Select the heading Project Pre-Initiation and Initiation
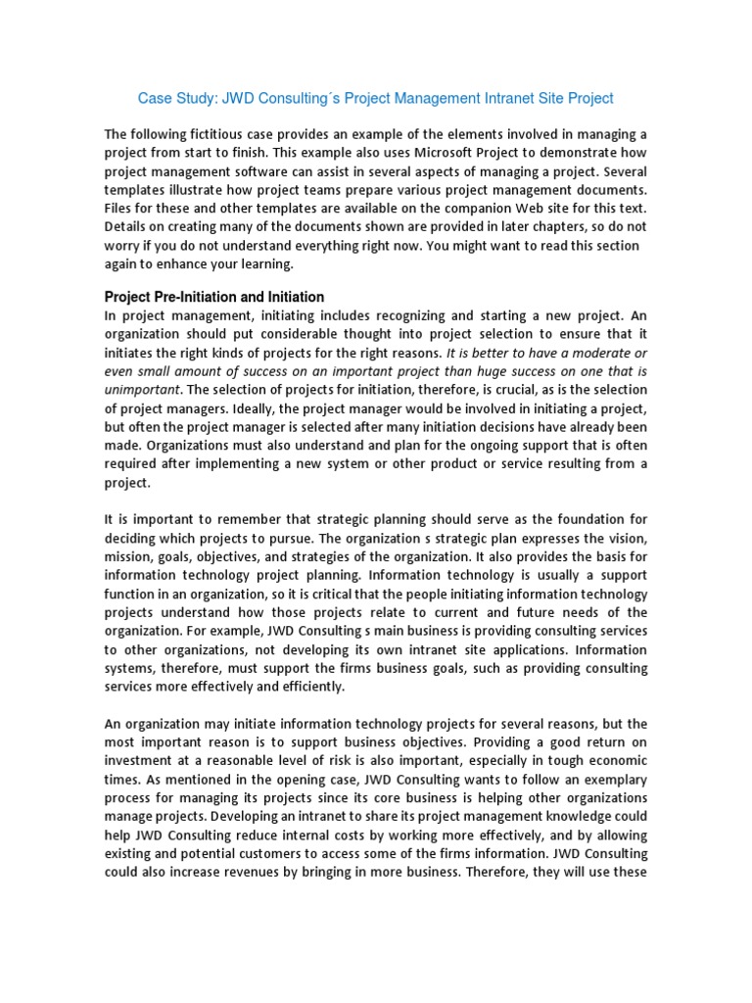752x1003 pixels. pyautogui.click(x=214, y=297)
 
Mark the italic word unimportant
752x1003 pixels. pyautogui.click(x=142, y=390)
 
